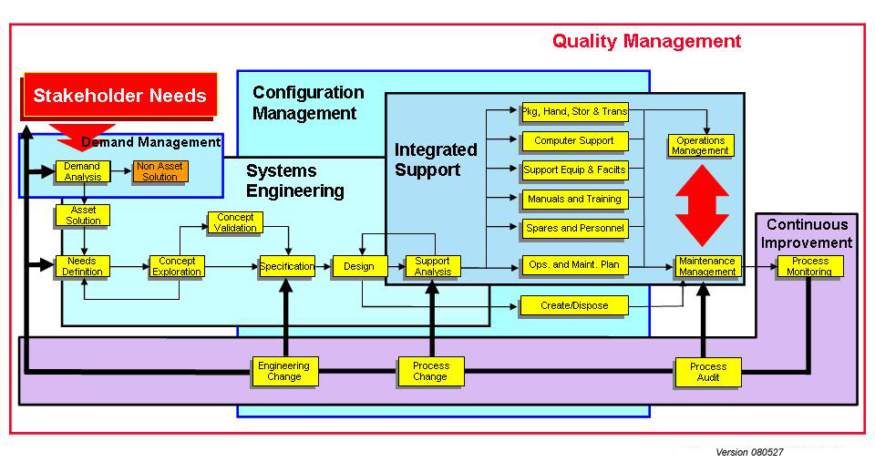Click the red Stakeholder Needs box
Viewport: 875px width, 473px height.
pos(119,95)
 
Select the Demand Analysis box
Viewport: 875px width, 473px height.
pos(83,171)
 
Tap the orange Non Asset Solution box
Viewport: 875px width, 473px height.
pos(160,171)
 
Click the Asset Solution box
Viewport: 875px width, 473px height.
pos(83,215)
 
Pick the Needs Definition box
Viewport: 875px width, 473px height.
pos(83,266)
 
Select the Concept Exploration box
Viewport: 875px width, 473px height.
pos(177,266)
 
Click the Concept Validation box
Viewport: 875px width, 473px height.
pos(236,222)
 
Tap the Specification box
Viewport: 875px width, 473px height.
pos(287,266)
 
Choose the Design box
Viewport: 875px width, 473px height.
pos(359,266)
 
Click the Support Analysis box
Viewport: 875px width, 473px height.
pos(433,266)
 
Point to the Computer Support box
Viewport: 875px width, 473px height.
pos(574,141)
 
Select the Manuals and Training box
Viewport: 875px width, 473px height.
pos(574,199)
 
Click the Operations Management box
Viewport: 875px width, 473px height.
pos(701,146)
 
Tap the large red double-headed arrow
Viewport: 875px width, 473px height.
pos(701,205)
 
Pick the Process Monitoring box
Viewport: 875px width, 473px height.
pos(810,266)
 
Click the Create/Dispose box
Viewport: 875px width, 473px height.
pos(574,305)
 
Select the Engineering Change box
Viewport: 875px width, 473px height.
pos(284,371)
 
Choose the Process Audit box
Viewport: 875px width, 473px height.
pos(707,371)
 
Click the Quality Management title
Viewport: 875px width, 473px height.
pos(646,41)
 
